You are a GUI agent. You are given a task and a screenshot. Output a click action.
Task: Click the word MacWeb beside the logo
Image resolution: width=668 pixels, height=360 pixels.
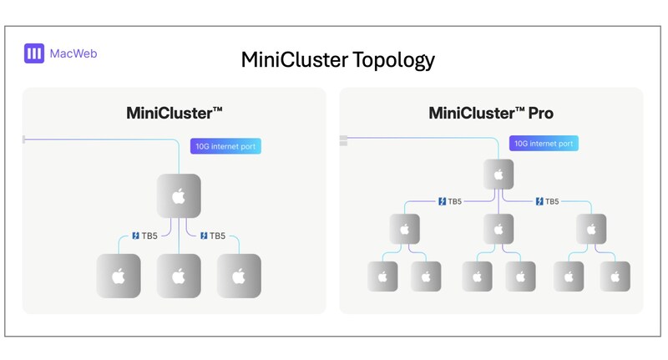[74, 54]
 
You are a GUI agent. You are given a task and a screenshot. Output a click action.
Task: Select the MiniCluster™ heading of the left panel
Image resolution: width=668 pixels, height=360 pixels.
[173, 113]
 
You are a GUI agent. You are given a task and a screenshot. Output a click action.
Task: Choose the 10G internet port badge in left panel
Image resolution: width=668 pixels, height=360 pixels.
[225, 146]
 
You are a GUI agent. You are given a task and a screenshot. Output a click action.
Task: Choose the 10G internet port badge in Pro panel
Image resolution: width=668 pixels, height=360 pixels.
[544, 144]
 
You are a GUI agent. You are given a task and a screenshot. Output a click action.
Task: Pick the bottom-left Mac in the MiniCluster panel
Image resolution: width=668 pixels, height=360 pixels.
[119, 276]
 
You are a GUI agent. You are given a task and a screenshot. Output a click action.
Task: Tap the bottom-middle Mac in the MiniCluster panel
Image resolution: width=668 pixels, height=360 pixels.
[178, 276]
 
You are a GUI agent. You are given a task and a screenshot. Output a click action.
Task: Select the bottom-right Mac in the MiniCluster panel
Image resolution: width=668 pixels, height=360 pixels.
[238, 276]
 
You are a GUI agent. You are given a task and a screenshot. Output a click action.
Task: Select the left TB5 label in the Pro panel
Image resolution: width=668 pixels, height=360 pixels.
[450, 201]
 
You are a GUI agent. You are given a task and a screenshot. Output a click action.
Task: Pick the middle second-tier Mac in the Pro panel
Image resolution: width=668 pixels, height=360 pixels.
[498, 228]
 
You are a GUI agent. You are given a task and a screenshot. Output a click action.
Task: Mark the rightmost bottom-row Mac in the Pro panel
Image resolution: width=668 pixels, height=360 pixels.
[615, 276]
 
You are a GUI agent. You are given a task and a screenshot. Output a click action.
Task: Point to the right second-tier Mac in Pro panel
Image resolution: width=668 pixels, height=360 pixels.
[593, 228]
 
